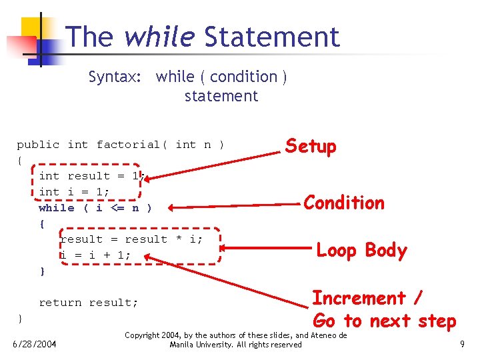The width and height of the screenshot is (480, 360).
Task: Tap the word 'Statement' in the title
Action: tap(272, 37)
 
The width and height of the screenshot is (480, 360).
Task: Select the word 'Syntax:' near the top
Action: tap(115, 77)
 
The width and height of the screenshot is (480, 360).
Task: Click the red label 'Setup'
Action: tap(311, 146)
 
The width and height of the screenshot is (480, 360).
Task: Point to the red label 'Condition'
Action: tap(344, 203)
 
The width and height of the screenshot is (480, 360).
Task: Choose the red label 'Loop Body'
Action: tap(361, 251)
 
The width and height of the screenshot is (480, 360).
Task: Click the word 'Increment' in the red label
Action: tap(359, 298)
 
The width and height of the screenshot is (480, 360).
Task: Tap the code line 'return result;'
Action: tap(89, 303)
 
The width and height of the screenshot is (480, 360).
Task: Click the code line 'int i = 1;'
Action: tap(74, 192)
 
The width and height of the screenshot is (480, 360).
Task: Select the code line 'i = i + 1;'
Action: tap(95, 255)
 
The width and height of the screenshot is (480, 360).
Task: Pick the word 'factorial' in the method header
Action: tap(128, 145)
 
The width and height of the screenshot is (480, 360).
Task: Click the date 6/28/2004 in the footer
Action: tap(35, 344)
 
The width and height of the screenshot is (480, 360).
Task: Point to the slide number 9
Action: tap(462, 344)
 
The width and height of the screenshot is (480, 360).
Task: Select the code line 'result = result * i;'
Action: tap(131, 239)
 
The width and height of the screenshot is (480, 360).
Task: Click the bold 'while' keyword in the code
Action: tap(57, 208)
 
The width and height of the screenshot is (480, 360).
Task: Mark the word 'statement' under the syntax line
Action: tap(221, 96)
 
